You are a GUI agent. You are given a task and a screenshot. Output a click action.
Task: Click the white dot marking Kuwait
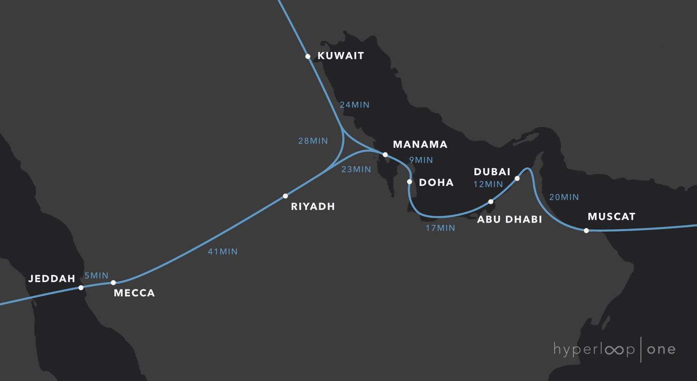(308, 56)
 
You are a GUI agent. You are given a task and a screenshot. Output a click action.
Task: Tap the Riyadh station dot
(285, 196)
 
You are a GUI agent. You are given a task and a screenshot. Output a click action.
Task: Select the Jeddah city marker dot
(81, 288)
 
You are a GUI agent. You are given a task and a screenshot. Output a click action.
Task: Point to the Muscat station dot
(586, 230)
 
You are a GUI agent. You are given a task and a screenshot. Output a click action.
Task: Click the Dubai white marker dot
(517, 178)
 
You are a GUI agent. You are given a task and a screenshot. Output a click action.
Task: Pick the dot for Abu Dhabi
(491, 202)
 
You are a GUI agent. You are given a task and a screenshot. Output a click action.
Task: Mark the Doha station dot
(409, 182)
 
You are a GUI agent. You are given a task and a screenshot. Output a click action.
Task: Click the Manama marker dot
(385, 155)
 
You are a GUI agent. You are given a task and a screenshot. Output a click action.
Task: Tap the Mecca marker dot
(113, 282)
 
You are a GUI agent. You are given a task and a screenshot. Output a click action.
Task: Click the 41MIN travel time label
(223, 252)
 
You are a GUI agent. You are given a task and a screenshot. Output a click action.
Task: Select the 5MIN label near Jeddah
(96, 276)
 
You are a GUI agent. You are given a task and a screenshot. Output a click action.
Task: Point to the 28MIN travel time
(313, 141)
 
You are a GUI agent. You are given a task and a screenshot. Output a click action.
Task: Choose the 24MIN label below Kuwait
(355, 105)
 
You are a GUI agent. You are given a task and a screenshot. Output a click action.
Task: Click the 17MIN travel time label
(441, 228)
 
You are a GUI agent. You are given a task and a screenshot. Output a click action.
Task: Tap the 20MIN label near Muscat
(564, 197)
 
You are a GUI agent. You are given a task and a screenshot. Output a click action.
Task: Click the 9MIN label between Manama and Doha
(421, 160)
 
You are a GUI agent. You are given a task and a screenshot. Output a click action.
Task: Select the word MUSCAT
(612, 217)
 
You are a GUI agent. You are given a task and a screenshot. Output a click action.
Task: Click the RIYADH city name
(313, 207)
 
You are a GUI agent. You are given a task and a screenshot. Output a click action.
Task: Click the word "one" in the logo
(661, 349)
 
